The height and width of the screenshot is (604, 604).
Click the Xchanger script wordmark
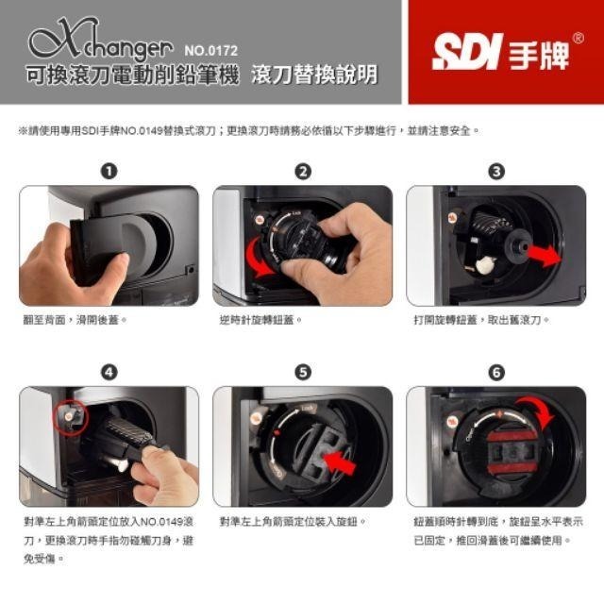tap(99, 42)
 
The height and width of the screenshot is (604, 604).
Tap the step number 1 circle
tap(109, 171)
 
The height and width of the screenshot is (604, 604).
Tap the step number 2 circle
tap(303, 171)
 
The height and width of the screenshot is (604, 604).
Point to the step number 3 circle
tap(496, 171)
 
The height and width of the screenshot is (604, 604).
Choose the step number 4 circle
tap(109, 372)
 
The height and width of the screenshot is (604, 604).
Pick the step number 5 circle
tap(303, 372)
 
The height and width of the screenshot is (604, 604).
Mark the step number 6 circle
tap(496, 372)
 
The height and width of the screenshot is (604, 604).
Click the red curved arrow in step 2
tap(260, 258)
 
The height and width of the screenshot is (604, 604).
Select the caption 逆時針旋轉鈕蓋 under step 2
tap(260, 321)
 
